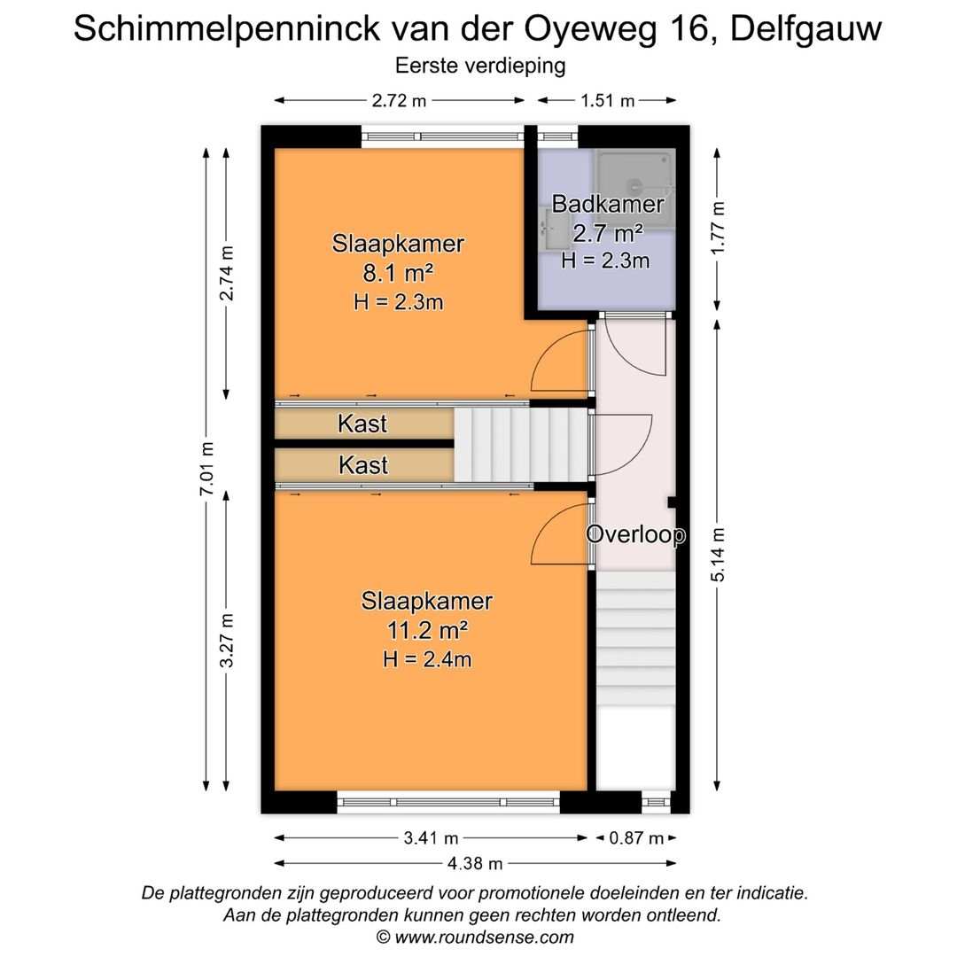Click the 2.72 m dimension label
click(399, 100)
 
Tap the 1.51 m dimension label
click(608, 100)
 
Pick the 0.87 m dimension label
click(636, 837)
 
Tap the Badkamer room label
click(607, 204)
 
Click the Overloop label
click(635, 534)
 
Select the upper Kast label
click(362, 424)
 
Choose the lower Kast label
click(362, 463)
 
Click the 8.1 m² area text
click(398, 272)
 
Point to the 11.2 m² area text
click(426, 630)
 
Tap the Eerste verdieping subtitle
click(479, 65)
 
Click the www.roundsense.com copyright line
click(475, 937)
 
